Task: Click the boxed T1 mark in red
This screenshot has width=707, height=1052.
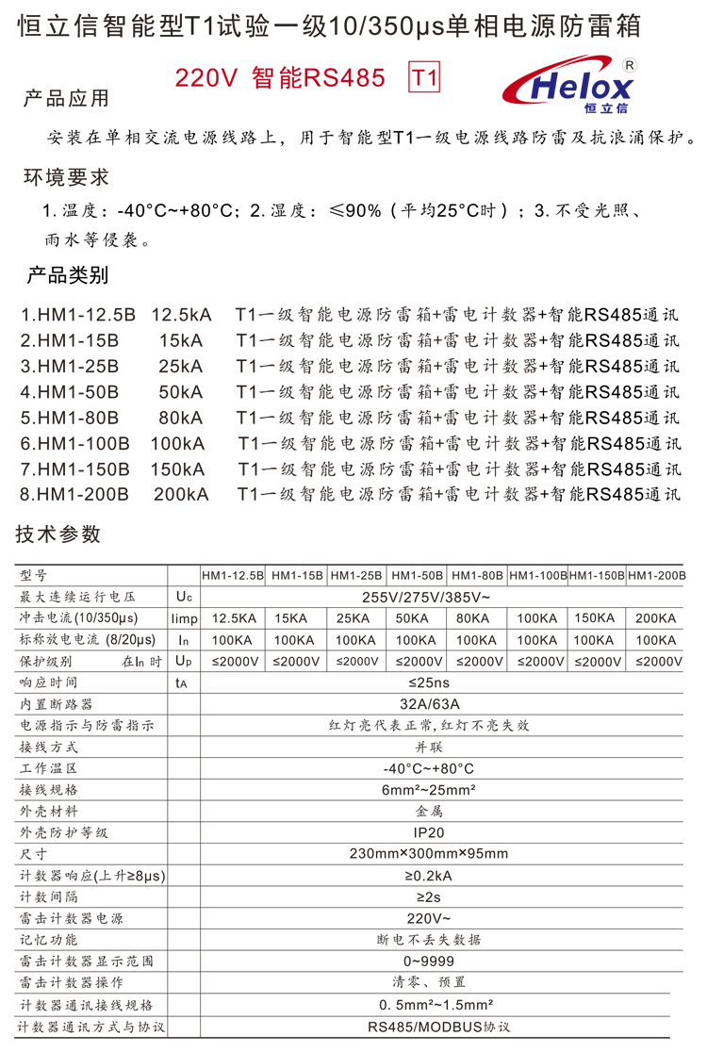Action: (x=424, y=79)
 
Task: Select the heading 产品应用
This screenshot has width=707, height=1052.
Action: (x=66, y=99)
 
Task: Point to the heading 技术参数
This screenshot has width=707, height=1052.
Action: (x=58, y=534)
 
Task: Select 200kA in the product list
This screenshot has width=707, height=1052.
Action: (x=181, y=493)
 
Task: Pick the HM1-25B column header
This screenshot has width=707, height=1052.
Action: (x=356, y=575)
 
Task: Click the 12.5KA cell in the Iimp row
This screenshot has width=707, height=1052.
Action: (x=234, y=618)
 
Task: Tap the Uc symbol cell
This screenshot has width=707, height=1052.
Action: (x=183, y=597)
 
